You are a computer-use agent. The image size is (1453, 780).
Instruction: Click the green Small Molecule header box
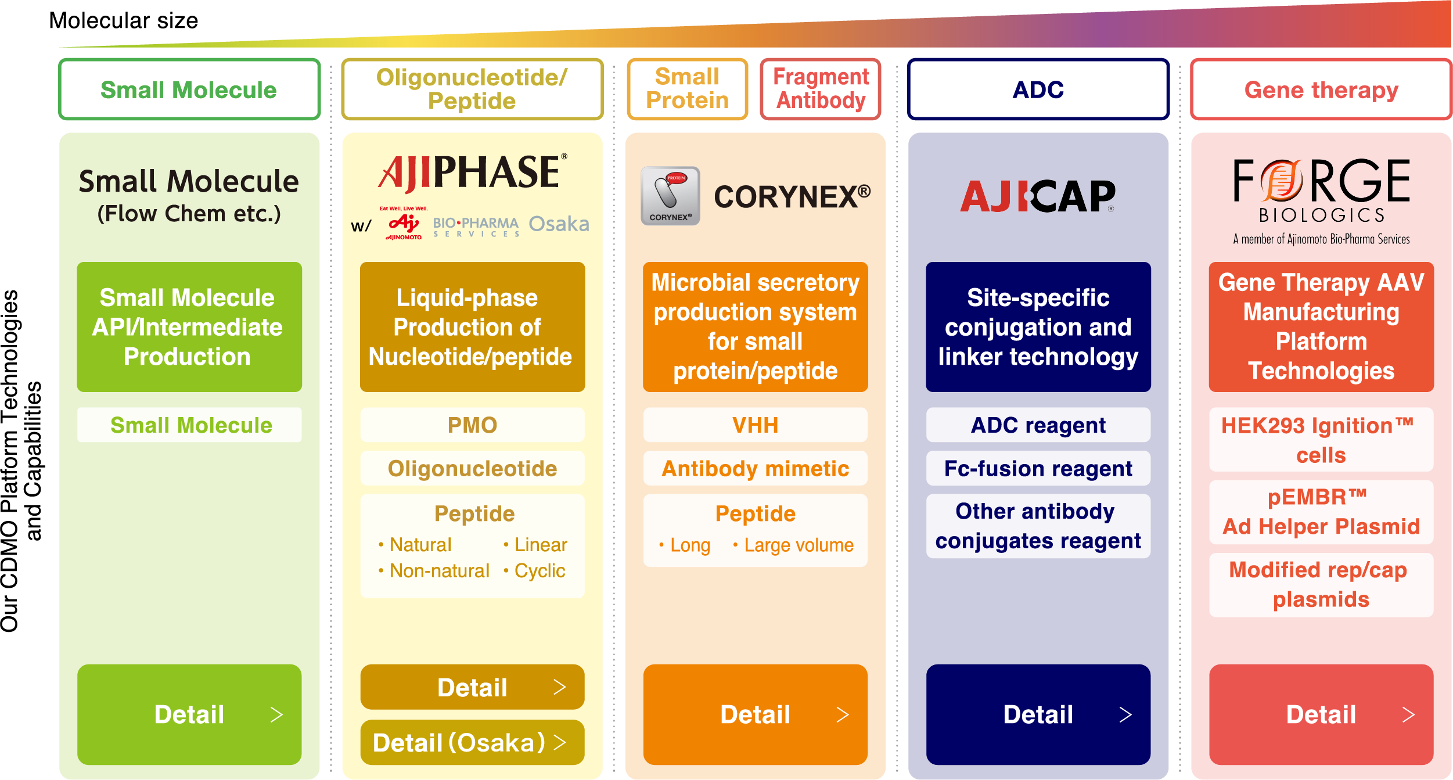tap(189, 89)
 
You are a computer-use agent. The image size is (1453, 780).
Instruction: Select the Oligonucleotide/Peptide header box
tap(472, 89)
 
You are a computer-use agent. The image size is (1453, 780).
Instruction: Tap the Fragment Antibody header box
tap(821, 89)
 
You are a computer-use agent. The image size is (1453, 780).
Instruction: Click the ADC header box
tap(1038, 89)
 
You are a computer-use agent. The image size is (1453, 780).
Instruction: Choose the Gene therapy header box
tap(1321, 89)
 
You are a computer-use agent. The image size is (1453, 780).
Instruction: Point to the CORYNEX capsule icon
tap(670, 196)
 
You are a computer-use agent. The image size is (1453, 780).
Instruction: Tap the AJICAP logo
tap(1038, 196)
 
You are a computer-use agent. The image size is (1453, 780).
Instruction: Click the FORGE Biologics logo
tap(1322, 201)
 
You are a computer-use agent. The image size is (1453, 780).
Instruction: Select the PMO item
tap(472, 425)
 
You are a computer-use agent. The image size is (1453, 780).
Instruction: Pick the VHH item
tap(755, 425)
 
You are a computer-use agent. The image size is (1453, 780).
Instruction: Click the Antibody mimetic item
tap(755, 468)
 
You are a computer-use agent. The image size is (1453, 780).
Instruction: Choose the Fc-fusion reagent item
tap(1038, 468)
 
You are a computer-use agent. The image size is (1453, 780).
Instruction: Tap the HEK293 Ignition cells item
tap(1321, 440)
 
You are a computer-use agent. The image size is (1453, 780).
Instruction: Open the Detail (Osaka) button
tap(472, 742)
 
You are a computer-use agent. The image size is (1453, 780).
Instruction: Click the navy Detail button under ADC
tap(1038, 714)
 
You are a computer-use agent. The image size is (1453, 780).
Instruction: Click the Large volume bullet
tap(793, 545)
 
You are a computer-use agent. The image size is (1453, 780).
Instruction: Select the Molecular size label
tap(124, 21)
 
